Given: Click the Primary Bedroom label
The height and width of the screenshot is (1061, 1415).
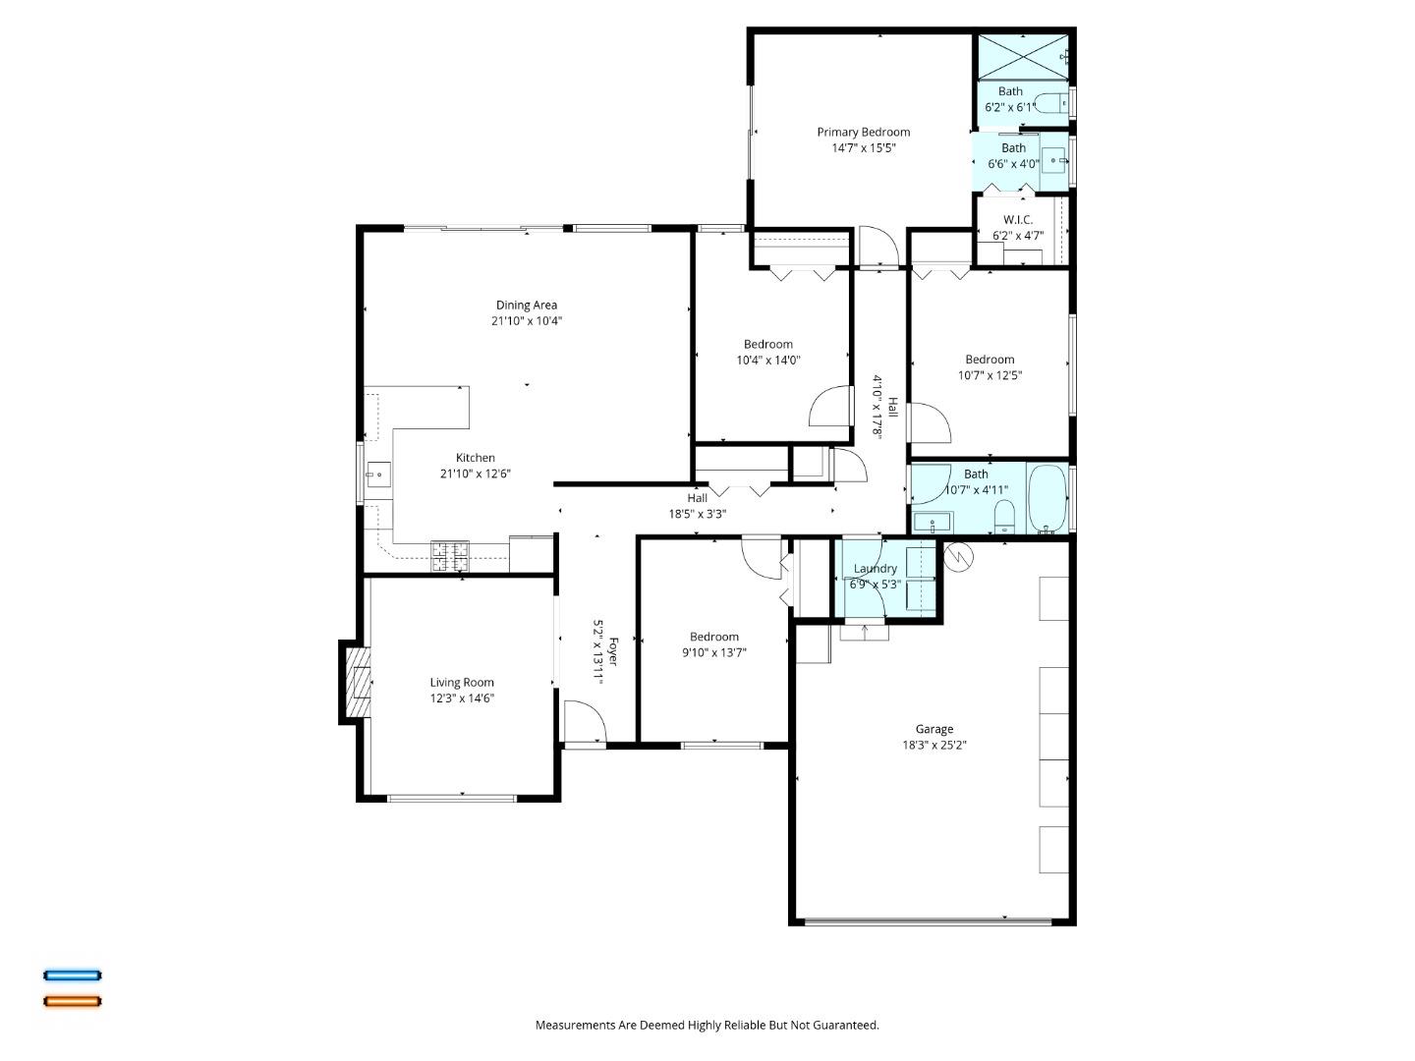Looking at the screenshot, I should [x=863, y=132].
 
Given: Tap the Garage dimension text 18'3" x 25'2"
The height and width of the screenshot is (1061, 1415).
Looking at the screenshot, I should [x=934, y=745].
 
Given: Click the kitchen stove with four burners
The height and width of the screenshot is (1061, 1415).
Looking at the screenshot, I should [x=450, y=557].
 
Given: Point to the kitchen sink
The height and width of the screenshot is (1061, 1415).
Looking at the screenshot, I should [x=377, y=475].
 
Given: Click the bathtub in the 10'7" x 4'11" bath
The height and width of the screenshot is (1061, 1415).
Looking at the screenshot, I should [x=1047, y=498].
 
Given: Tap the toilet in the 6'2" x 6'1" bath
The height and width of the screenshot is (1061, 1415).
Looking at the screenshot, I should [x=1052, y=103].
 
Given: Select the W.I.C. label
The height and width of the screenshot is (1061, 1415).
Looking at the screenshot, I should [x=1017, y=220].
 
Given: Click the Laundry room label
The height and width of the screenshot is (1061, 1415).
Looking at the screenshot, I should [x=875, y=569].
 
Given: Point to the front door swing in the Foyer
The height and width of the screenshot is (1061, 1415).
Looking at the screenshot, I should [x=585, y=722].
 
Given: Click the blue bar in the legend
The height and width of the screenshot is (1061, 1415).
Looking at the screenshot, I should [x=72, y=976].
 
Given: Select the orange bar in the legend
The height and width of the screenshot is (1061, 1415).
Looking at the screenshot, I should [x=72, y=1002].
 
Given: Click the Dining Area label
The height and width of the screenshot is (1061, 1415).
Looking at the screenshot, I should [x=526, y=305].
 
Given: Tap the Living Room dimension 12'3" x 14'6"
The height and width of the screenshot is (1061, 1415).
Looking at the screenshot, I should [x=461, y=698].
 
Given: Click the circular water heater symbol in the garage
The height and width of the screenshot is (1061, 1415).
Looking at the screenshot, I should [x=958, y=557].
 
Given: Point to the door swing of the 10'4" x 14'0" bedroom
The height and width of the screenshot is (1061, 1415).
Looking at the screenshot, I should [x=830, y=407].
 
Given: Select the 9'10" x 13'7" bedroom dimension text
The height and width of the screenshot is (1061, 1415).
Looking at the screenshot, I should [x=713, y=652].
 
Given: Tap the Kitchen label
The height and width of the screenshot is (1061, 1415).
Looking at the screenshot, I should [x=475, y=458].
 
